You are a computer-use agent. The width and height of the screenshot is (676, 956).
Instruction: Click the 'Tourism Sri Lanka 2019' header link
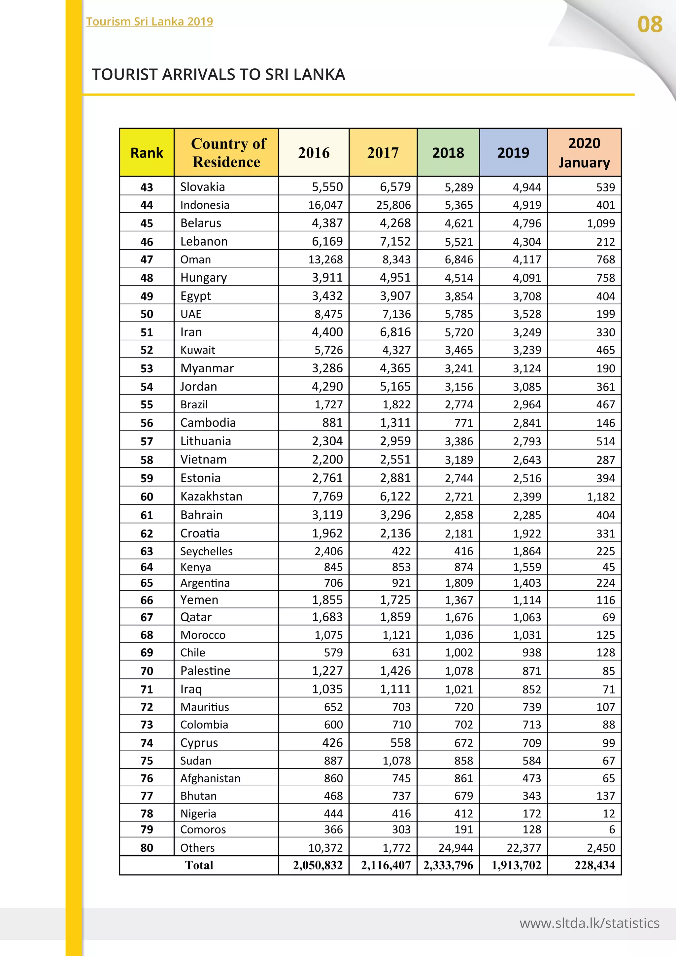150,22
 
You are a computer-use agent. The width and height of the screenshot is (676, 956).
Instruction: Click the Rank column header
147,153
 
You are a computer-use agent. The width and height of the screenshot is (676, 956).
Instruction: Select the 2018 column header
448,153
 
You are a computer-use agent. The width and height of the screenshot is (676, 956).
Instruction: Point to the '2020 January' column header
584,153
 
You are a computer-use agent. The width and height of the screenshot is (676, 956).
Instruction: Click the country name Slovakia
202,187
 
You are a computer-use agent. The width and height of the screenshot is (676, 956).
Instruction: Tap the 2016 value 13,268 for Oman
325,259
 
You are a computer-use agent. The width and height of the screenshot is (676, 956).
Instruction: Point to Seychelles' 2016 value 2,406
328,551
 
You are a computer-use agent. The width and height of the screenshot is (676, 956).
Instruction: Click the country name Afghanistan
210,778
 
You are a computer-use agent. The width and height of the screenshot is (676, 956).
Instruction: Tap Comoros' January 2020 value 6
612,830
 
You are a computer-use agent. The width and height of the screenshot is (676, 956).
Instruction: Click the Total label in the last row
199,865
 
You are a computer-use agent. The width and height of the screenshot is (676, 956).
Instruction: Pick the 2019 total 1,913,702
516,865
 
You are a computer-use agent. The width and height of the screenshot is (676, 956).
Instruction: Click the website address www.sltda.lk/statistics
589,923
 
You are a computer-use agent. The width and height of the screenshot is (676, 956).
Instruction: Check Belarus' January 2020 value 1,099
601,223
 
